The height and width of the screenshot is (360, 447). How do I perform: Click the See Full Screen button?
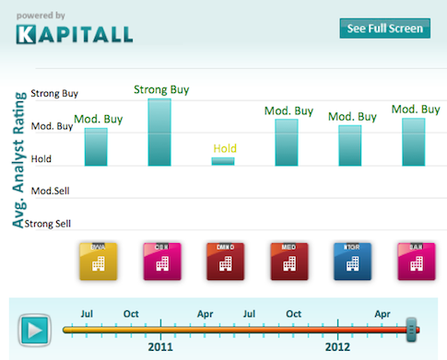(x=384, y=29)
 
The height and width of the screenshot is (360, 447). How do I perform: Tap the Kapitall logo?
(x=74, y=35)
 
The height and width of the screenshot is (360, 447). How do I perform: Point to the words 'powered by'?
(x=41, y=16)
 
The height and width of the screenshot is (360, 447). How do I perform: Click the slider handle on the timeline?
(x=412, y=327)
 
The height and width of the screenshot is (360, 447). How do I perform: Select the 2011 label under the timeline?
(x=160, y=349)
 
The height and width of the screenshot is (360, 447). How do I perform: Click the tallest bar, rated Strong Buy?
(x=159, y=132)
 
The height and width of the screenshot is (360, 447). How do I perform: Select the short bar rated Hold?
(x=223, y=161)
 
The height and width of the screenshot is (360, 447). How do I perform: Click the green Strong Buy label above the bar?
(x=162, y=89)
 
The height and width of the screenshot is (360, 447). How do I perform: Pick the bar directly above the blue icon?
(x=350, y=145)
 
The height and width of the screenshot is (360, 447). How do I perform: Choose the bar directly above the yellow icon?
(x=96, y=146)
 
